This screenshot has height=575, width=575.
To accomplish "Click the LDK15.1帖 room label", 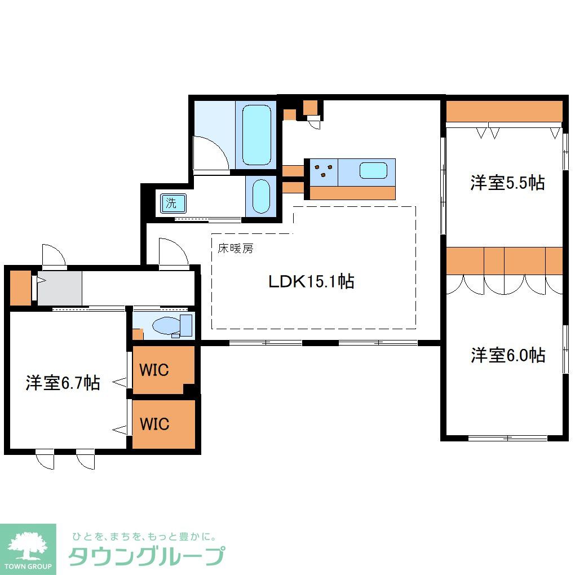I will [311, 281].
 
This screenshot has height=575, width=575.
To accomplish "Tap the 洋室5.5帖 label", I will [507, 183].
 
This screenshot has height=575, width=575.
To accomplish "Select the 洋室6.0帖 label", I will [508, 355].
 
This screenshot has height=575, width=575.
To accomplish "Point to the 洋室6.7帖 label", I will [63, 383].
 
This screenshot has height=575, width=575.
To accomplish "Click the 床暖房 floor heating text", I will [236, 248].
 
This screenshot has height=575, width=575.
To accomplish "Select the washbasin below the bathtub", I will [261, 196].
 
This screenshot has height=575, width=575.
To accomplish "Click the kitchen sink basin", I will [373, 170].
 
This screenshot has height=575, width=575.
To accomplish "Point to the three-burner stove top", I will [323, 170].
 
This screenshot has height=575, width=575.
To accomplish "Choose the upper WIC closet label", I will [154, 370].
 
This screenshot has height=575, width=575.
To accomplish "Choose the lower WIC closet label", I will [154, 423].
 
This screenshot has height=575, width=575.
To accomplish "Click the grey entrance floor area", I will [60, 289].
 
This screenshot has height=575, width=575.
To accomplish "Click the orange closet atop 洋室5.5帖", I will [504, 111].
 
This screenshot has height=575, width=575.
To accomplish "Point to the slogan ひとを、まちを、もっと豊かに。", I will [143, 536].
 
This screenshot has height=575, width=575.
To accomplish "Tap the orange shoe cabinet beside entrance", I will [20, 288].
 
